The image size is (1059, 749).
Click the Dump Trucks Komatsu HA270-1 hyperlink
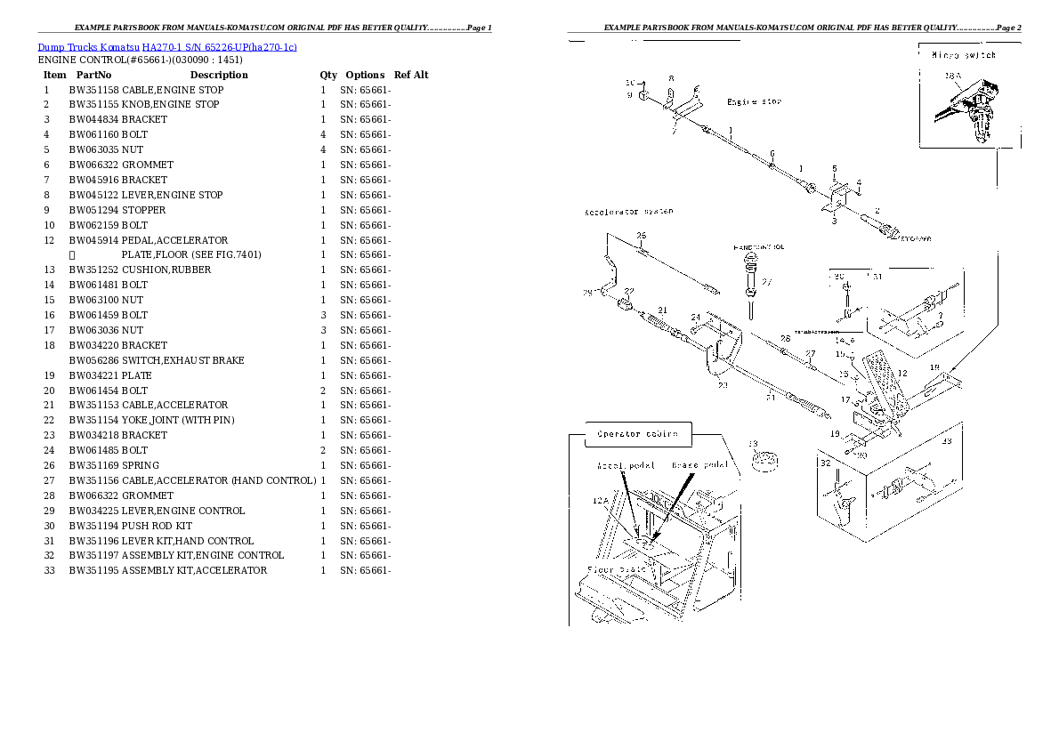167,46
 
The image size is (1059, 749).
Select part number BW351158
93,90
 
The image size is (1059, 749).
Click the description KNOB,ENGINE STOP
170,105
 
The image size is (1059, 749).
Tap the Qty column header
328,75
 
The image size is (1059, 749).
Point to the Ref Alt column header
411,75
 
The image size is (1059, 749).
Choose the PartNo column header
93,75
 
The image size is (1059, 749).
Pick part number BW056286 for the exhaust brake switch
93,360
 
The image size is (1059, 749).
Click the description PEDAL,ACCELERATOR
174,240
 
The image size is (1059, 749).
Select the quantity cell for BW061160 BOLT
323,134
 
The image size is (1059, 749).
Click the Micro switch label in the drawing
963,55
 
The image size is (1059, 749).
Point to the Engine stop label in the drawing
754,102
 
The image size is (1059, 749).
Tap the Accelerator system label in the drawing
628,212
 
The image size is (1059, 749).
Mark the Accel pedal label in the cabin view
626,465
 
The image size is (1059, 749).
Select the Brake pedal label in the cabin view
699,464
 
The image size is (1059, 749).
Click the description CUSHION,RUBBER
166,270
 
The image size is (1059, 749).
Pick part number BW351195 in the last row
93,570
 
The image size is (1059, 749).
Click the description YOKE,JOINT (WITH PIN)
178,420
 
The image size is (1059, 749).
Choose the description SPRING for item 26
141,465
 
